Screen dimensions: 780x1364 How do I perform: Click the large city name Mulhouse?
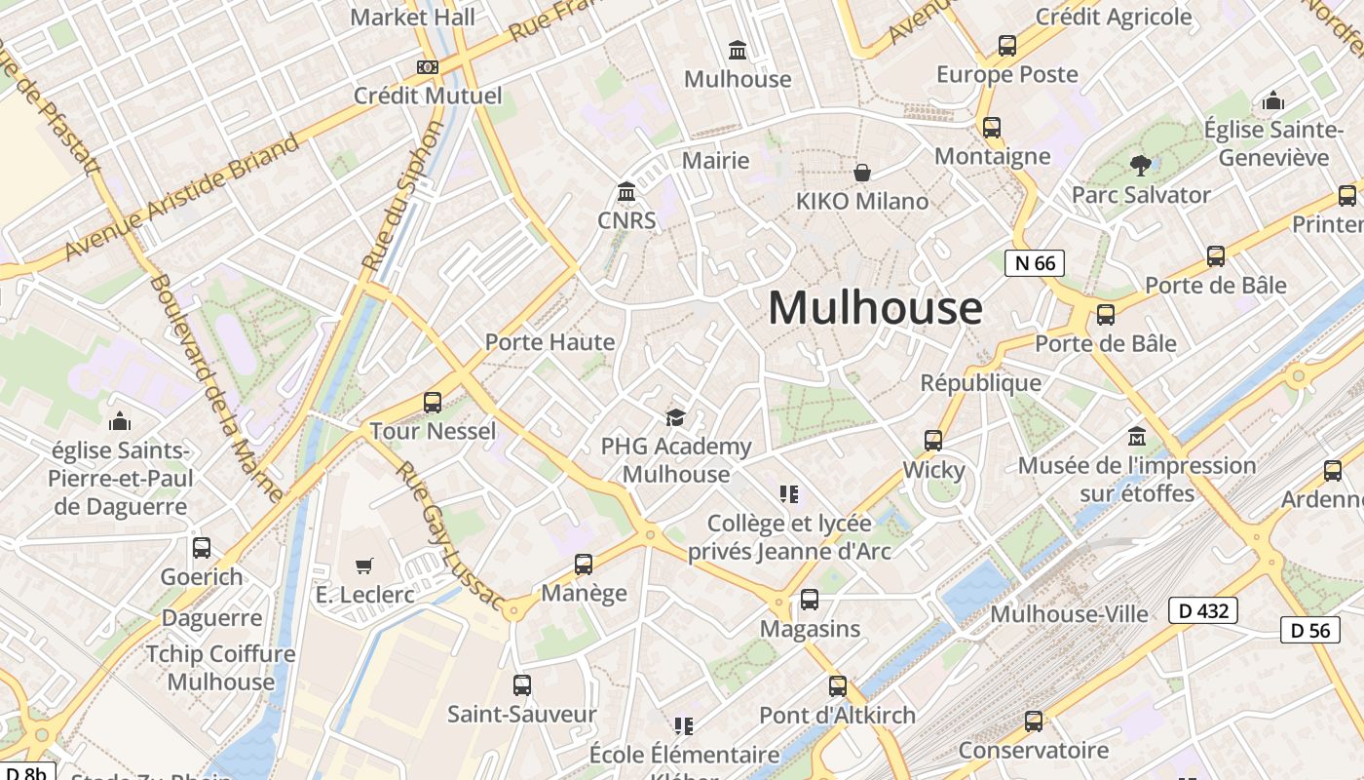pos(875,308)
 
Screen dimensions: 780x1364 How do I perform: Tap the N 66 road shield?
pos(1035,262)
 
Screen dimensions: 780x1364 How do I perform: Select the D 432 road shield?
pos(1203,610)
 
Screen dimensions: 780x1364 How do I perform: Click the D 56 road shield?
pos(1310,630)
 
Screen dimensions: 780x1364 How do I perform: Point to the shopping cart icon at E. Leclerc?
pos(364,565)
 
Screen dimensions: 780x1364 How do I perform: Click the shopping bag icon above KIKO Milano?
pos(862,174)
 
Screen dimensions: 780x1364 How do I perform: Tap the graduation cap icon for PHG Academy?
pos(675,418)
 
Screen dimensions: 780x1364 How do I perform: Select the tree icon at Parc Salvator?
pos(1140,166)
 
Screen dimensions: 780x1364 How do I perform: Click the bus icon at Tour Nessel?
pos(433,402)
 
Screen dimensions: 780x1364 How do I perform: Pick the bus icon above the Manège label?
pos(584,564)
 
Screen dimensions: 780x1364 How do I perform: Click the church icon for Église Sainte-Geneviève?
pos(1273,101)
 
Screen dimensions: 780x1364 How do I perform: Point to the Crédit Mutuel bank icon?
pos(427,67)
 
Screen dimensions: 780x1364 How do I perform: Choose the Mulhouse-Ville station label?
pos(1069,613)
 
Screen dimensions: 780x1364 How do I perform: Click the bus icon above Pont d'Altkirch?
pos(838,686)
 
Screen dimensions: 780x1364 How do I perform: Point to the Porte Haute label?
pos(549,342)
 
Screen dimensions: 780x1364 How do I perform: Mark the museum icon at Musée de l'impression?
pos(1136,437)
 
